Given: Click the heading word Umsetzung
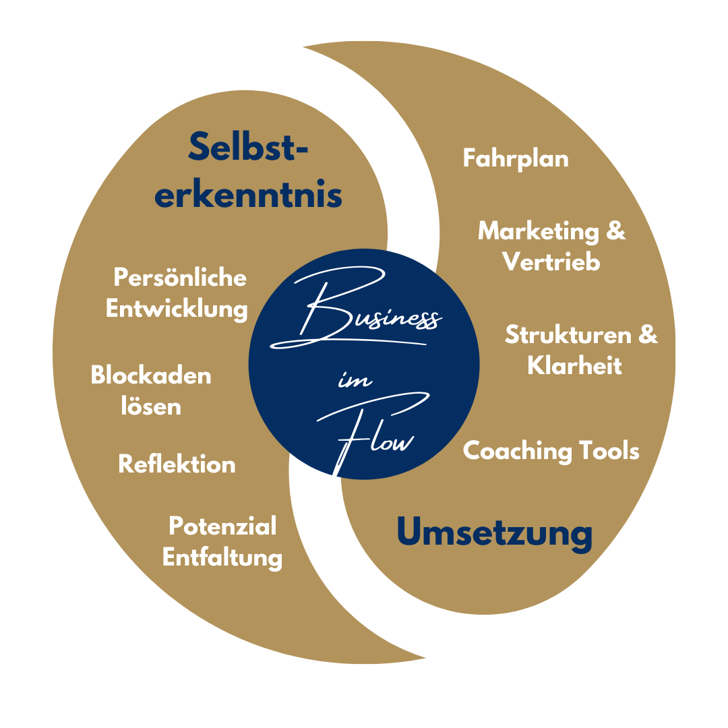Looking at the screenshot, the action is point(494,533).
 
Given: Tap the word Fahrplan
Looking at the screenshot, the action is point(516,159).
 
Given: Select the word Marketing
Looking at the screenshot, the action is point(538,231).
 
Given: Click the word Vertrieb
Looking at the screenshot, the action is point(551,262).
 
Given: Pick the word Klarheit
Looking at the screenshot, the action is point(574,365).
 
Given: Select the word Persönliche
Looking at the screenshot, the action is point(180,278).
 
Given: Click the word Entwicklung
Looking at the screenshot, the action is point(177,309).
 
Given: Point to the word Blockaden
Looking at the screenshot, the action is point(151,375).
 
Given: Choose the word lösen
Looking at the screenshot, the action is point(151,406).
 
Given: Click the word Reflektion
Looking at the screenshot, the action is point(177,464).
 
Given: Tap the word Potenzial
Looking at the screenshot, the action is point(222,526).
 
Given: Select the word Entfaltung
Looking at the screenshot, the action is point(222,557).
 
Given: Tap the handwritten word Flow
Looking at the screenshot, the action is point(377,435).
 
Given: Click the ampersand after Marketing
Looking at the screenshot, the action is point(615,231).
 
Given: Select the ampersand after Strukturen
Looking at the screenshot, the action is point(647,335).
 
